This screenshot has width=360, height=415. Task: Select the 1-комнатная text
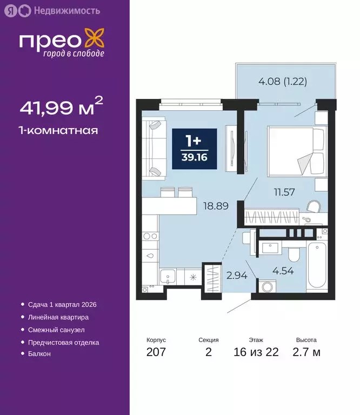[58, 130]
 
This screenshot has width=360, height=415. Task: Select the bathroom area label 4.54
[283, 271]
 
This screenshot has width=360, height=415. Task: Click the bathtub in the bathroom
[317, 266]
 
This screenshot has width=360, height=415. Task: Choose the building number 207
[156, 353]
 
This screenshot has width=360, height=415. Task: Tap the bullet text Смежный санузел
[56, 330]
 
